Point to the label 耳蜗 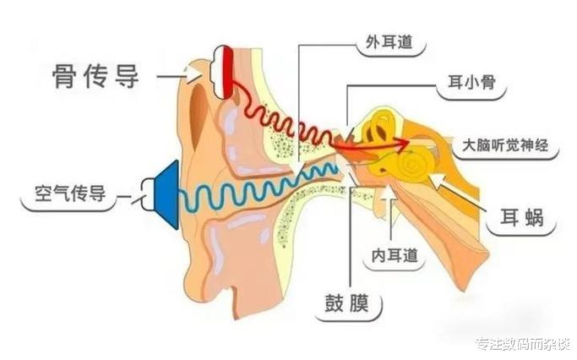pyautogui.click(x=521, y=221)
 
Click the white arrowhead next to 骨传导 pyautogui.click(x=196, y=75)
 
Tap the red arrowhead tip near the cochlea pyautogui.click(x=409, y=141)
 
